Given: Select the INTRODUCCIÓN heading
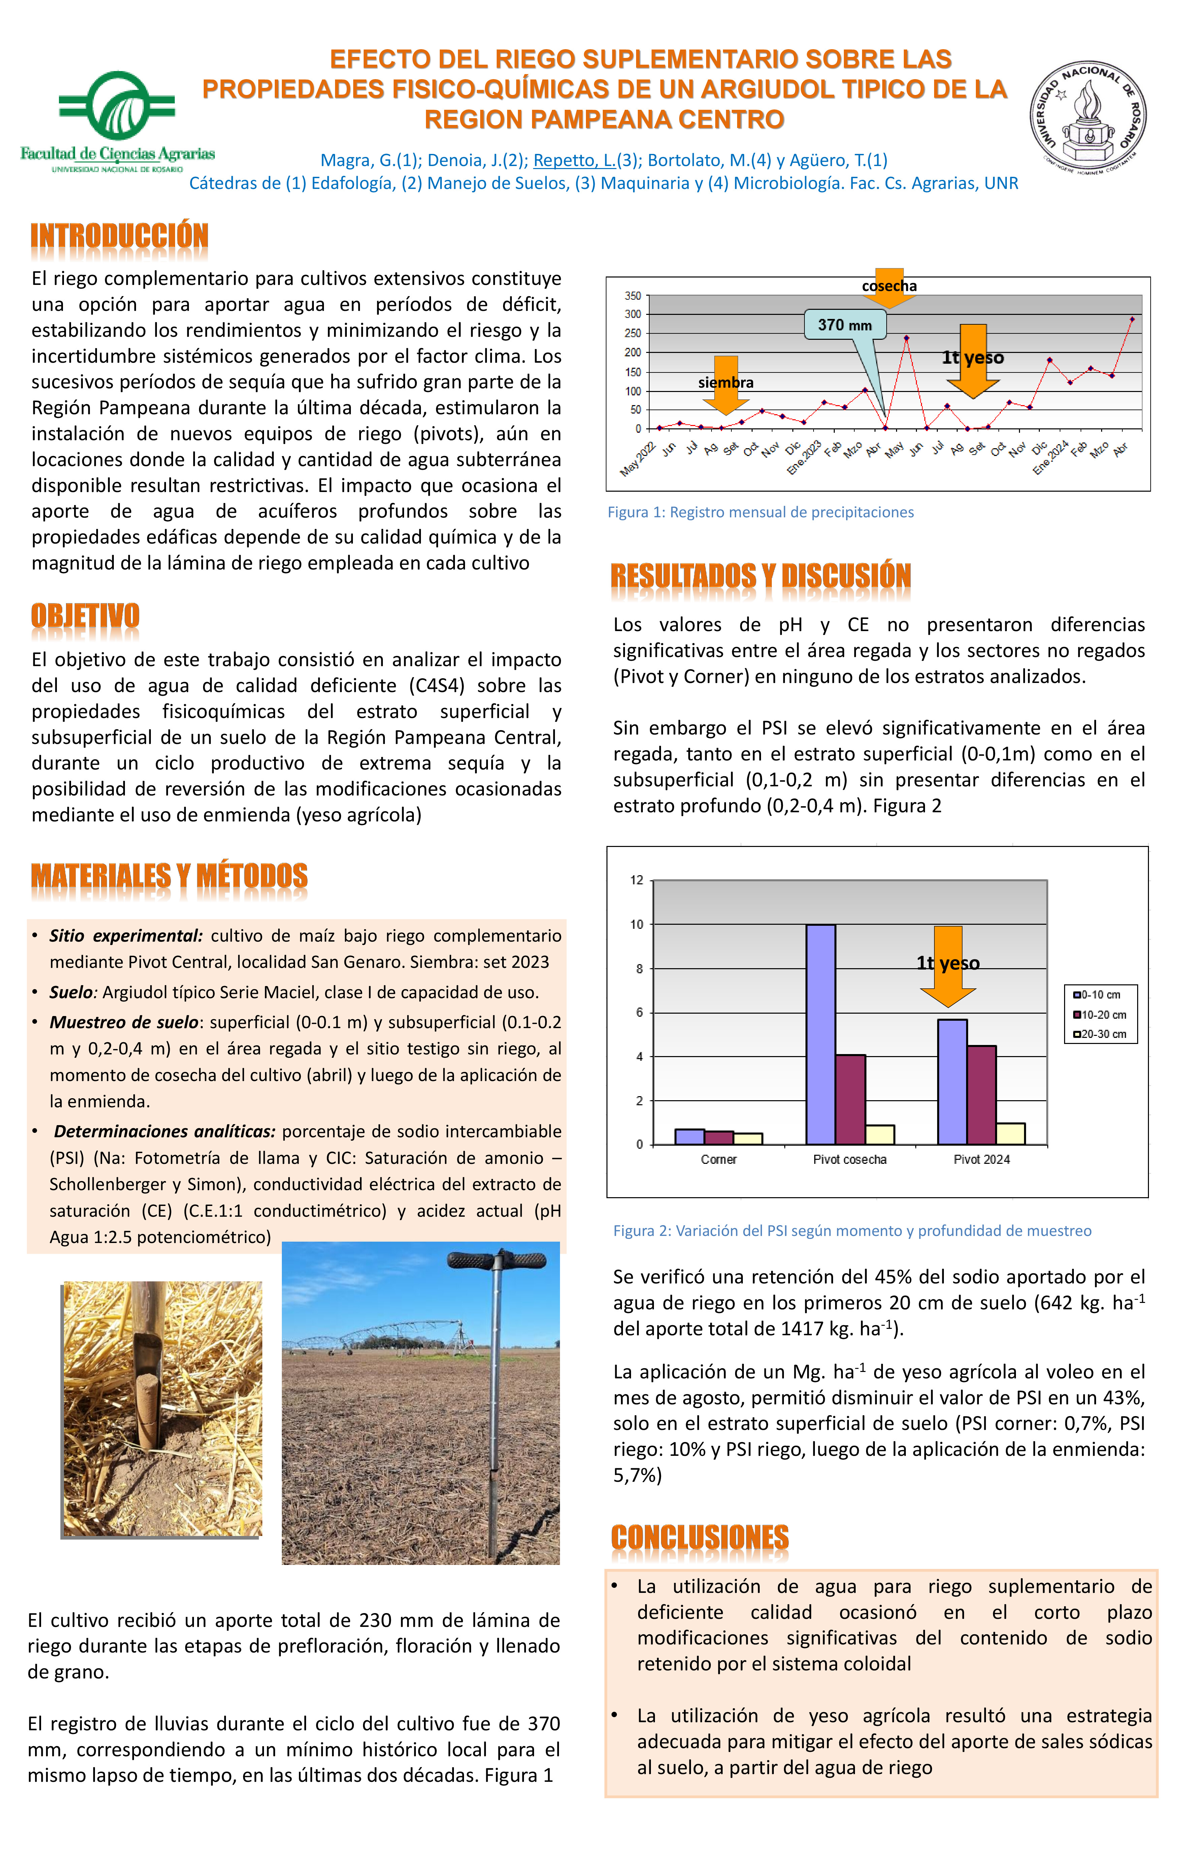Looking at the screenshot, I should [120, 236].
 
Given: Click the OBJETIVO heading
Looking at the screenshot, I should [85, 616].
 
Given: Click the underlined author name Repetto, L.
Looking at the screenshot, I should [574, 161].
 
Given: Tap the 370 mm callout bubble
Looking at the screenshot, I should [845, 325].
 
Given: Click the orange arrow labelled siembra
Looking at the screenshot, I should [726, 384].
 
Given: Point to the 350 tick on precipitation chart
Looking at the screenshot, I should [633, 296].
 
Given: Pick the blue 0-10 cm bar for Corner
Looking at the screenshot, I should [689, 1137].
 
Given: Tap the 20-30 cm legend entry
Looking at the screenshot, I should [1099, 1034].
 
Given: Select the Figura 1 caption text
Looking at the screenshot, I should [760, 513].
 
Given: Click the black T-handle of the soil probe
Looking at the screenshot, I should [496, 1260].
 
